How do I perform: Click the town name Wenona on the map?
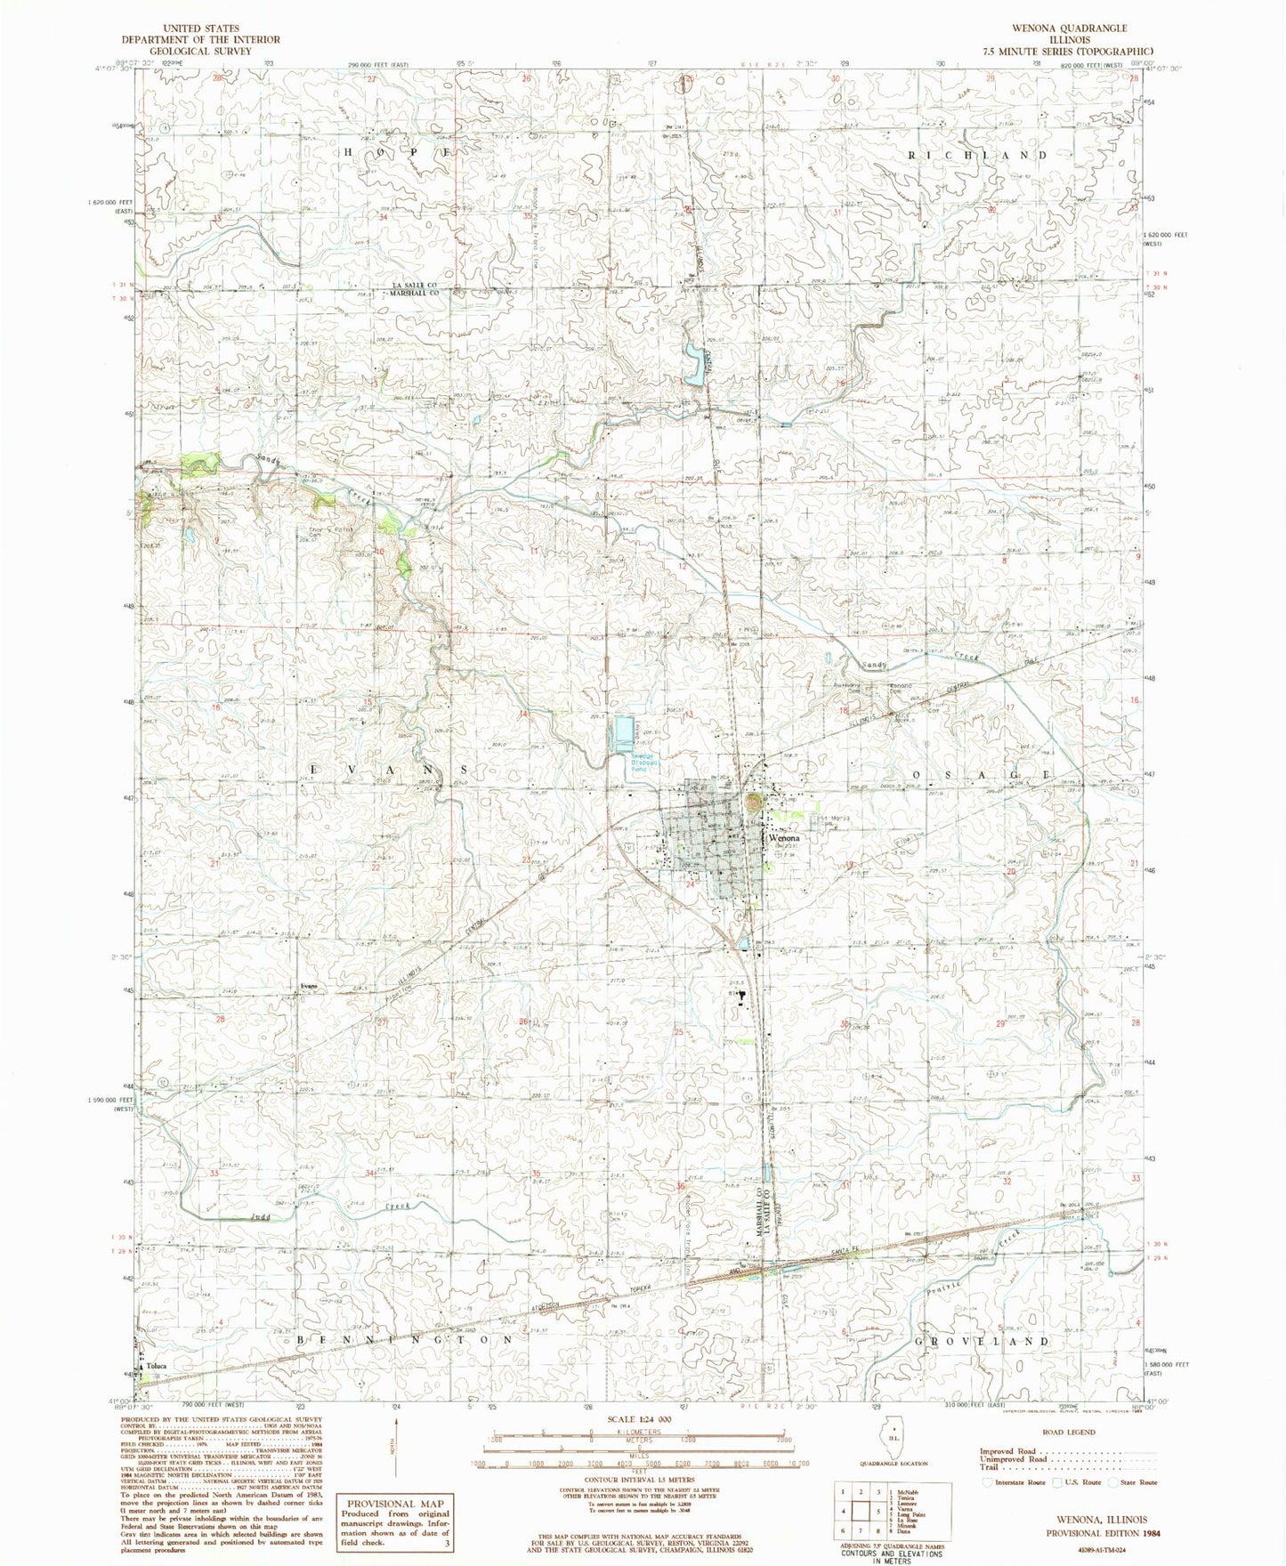tap(785, 838)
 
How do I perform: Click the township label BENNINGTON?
tap(405, 1338)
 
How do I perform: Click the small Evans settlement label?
tap(309, 986)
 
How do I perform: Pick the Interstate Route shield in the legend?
tap(986, 1482)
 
